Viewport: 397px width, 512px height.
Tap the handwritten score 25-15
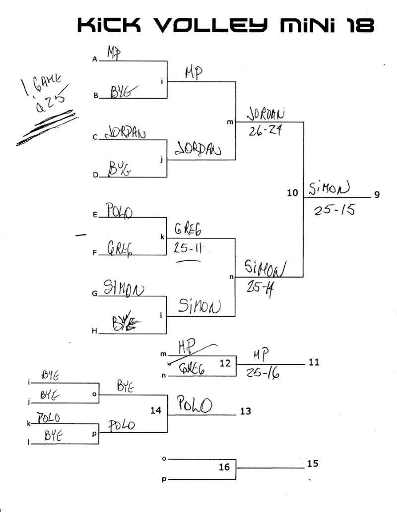point(334,210)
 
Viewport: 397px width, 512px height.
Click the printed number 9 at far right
point(377,194)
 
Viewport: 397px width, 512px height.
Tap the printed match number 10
point(292,193)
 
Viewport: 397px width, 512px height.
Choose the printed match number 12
point(225,363)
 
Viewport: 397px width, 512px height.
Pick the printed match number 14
point(157,410)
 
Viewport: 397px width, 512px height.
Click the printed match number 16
point(224,467)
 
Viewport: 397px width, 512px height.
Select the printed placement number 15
point(313,464)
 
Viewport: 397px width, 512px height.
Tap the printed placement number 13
point(245,411)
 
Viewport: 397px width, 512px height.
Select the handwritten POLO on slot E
point(119,212)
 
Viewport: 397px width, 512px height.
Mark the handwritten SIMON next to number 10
point(329,188)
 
